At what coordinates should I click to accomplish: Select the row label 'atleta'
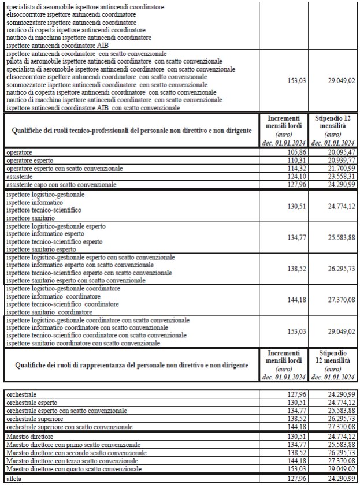15,479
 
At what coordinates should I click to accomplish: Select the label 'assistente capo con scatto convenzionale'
61,184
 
